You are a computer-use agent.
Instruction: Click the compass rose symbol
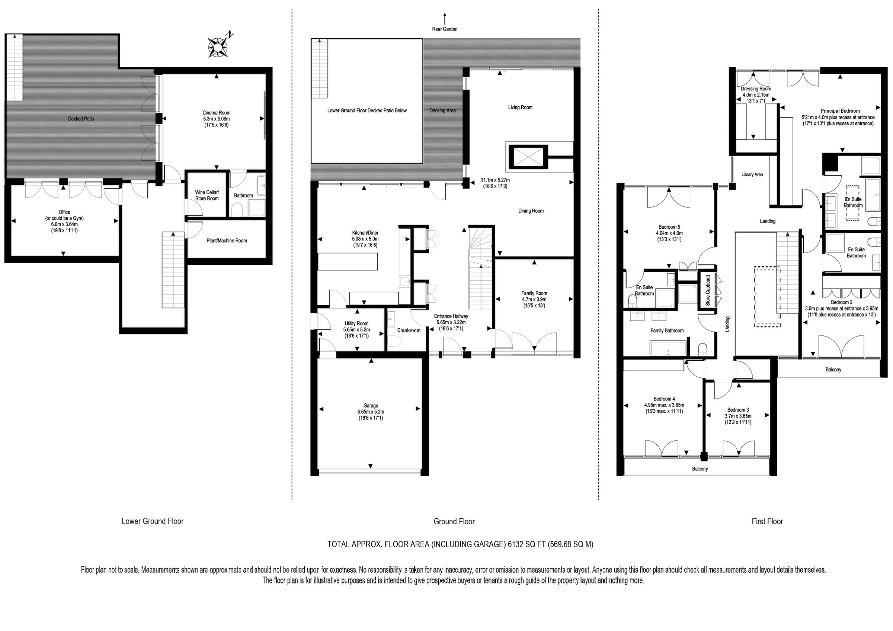click(218, 46)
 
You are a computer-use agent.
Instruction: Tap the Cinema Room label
click(216, 113)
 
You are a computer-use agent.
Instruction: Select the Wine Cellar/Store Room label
click(207, 195)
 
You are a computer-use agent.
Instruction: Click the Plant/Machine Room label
click(227, 241)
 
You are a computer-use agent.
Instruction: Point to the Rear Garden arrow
click(445, 19)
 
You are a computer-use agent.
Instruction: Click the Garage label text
click(371, 406)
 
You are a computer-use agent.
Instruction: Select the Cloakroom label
click(409, 331)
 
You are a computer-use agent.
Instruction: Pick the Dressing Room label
click(756, 88)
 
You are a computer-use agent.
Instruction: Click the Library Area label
click(752, 174)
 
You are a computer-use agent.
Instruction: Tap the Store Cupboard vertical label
click(708, 290)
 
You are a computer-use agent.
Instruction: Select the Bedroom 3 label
click(738, 410)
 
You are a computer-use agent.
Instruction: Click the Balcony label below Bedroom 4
click(700, 469)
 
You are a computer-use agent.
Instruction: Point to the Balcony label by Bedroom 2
click(833, 369)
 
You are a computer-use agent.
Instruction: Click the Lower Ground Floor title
click(153, 521)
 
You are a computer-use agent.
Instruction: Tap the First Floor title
click(767, 521)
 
